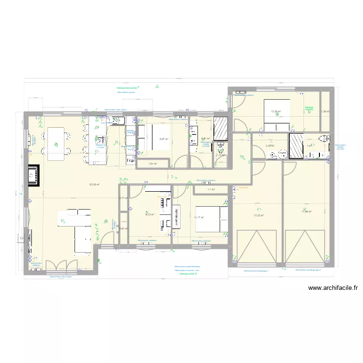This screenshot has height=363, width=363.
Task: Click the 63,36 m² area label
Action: pos(95,184)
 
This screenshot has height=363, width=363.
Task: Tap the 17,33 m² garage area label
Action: pos(259,216)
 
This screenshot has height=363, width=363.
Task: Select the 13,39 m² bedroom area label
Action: pos(276,111)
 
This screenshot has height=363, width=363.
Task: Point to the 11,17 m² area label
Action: pos(198,217)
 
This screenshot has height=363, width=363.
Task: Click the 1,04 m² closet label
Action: pos(153,164)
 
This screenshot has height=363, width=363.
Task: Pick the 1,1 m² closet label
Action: pos(211,189)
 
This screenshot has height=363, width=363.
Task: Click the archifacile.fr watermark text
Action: pos(333,288)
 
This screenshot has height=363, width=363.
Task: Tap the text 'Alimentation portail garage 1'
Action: pos(256,271)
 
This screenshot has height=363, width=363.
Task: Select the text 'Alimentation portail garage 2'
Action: pos(308,270)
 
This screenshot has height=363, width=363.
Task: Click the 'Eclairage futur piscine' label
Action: pos(127,88)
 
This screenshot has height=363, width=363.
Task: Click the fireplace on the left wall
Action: pos(34,176)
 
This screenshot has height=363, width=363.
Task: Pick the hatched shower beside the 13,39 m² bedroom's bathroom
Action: pos(296,146)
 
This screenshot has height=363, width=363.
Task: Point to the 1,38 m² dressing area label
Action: pos(325,111)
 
